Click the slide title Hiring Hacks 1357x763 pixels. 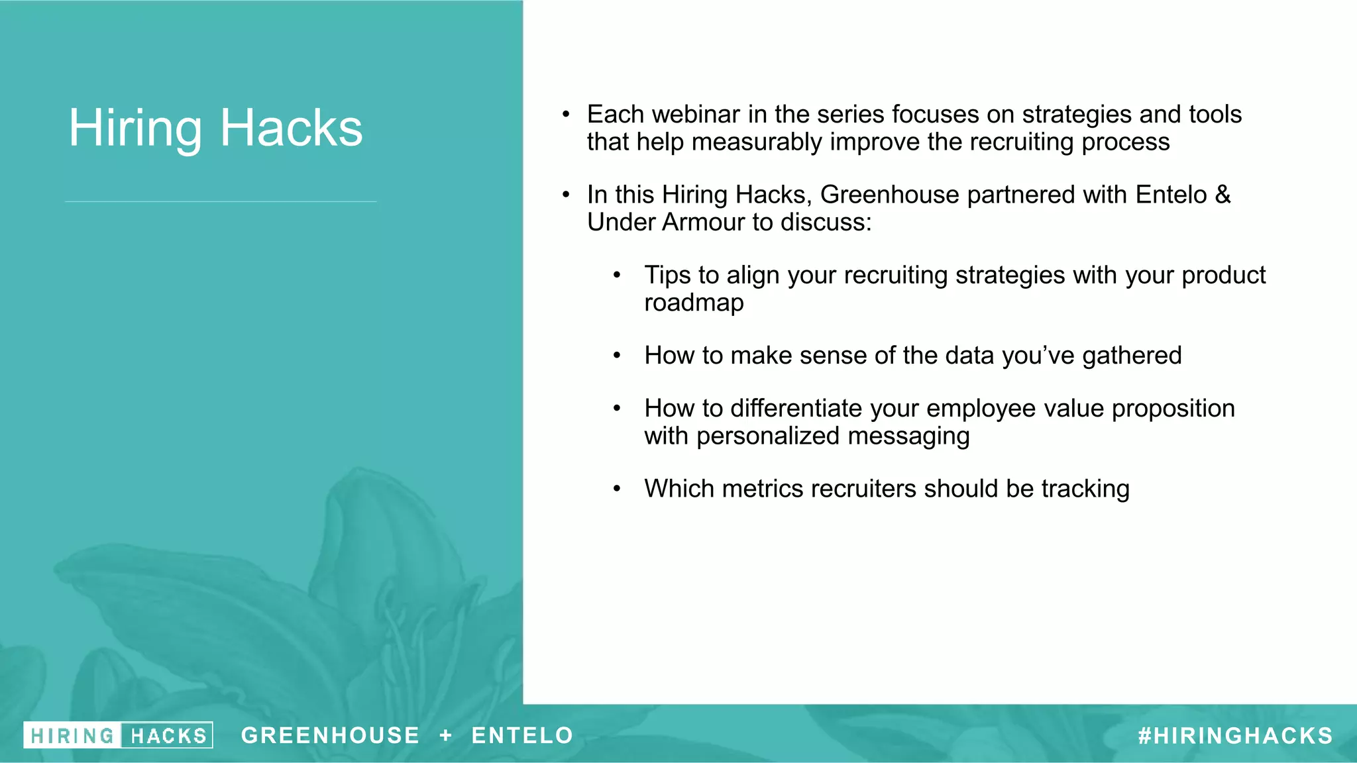click(215, 127)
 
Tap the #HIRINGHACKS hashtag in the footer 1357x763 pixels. click(1235, 736)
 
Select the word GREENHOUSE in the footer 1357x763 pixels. click(330, 735)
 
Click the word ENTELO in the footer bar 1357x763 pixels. click(522, 735)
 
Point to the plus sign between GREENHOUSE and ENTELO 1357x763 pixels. click(446, 735)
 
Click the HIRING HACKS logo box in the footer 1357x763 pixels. click(118, 735)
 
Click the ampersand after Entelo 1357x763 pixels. click(1222, 195)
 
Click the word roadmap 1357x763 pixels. click(694, 303)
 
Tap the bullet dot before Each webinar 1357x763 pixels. click(566, 115)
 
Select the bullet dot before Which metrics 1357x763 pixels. click(617, 489)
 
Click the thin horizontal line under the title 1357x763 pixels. click(221, 201)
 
